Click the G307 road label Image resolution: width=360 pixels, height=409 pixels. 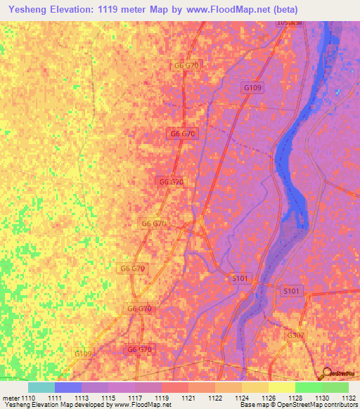[296, 336]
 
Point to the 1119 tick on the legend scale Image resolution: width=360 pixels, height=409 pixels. [162, 397]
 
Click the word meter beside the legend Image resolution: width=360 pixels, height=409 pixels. [10, 397]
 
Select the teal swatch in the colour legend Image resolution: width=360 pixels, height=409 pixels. [41, 387]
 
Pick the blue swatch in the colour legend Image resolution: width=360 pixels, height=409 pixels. [68, 387]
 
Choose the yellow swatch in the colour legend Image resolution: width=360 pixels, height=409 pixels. [282, 387]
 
